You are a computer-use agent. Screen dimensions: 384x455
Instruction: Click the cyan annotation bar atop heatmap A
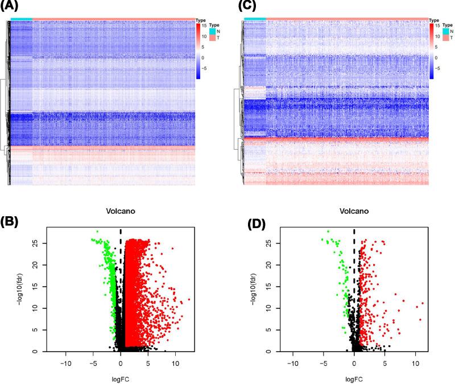[x=21, y=19]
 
